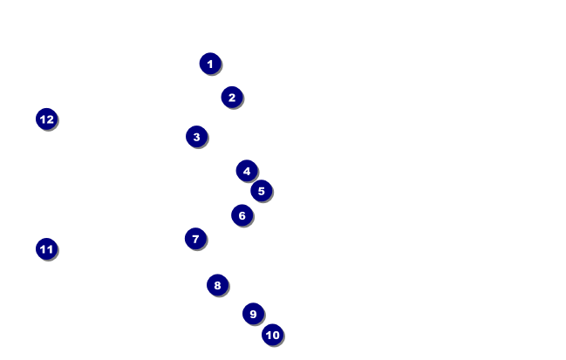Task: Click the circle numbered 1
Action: (x=210, y=64)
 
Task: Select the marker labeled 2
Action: (x=232, y=98)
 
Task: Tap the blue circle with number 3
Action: (x=197, y=137)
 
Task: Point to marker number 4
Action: (x=247, y=171)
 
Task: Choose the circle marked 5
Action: (x=262, y=191)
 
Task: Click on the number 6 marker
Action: (x=242, y=215)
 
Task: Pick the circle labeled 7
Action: (x=195, y=239)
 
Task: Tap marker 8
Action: (x=218, y=285)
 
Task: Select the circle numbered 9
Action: (x=254, y=314)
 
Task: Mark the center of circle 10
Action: (x=272, y=335)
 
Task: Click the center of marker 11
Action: (x=46, y=249)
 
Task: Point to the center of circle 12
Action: (x=47, y=119)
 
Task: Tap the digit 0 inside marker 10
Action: (x=276, y=335)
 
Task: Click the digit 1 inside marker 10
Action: (x=269, y=335)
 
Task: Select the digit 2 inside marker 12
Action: (x=51, y=119)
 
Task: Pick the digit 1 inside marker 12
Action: (x=43, y=119)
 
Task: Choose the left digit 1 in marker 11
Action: (x=43, y=249)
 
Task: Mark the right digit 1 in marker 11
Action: (x=50, y=249)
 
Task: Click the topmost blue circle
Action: (x=210, y=64)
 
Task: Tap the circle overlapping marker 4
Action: (x=262, y=191)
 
